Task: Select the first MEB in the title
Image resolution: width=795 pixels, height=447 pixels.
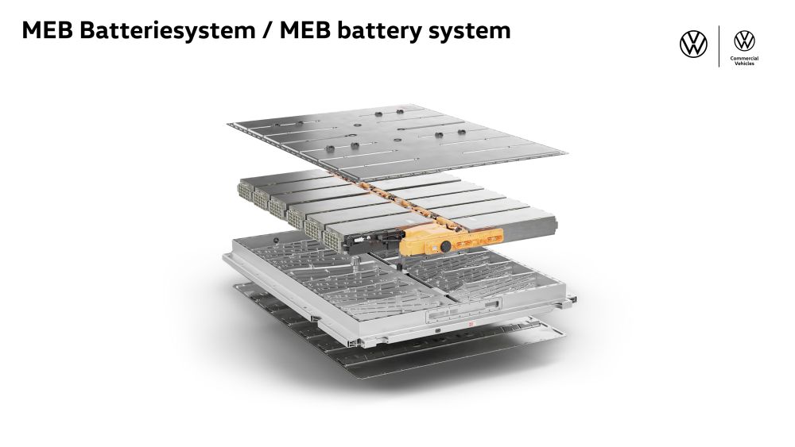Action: click(49, 30)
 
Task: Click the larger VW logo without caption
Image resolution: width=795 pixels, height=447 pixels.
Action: click(693, 44)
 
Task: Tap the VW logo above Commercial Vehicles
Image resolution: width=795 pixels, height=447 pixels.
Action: click(745, 40)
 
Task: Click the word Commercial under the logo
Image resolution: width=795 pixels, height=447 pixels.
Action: click(745, 58)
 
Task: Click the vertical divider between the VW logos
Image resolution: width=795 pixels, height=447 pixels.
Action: click(719, 46)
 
